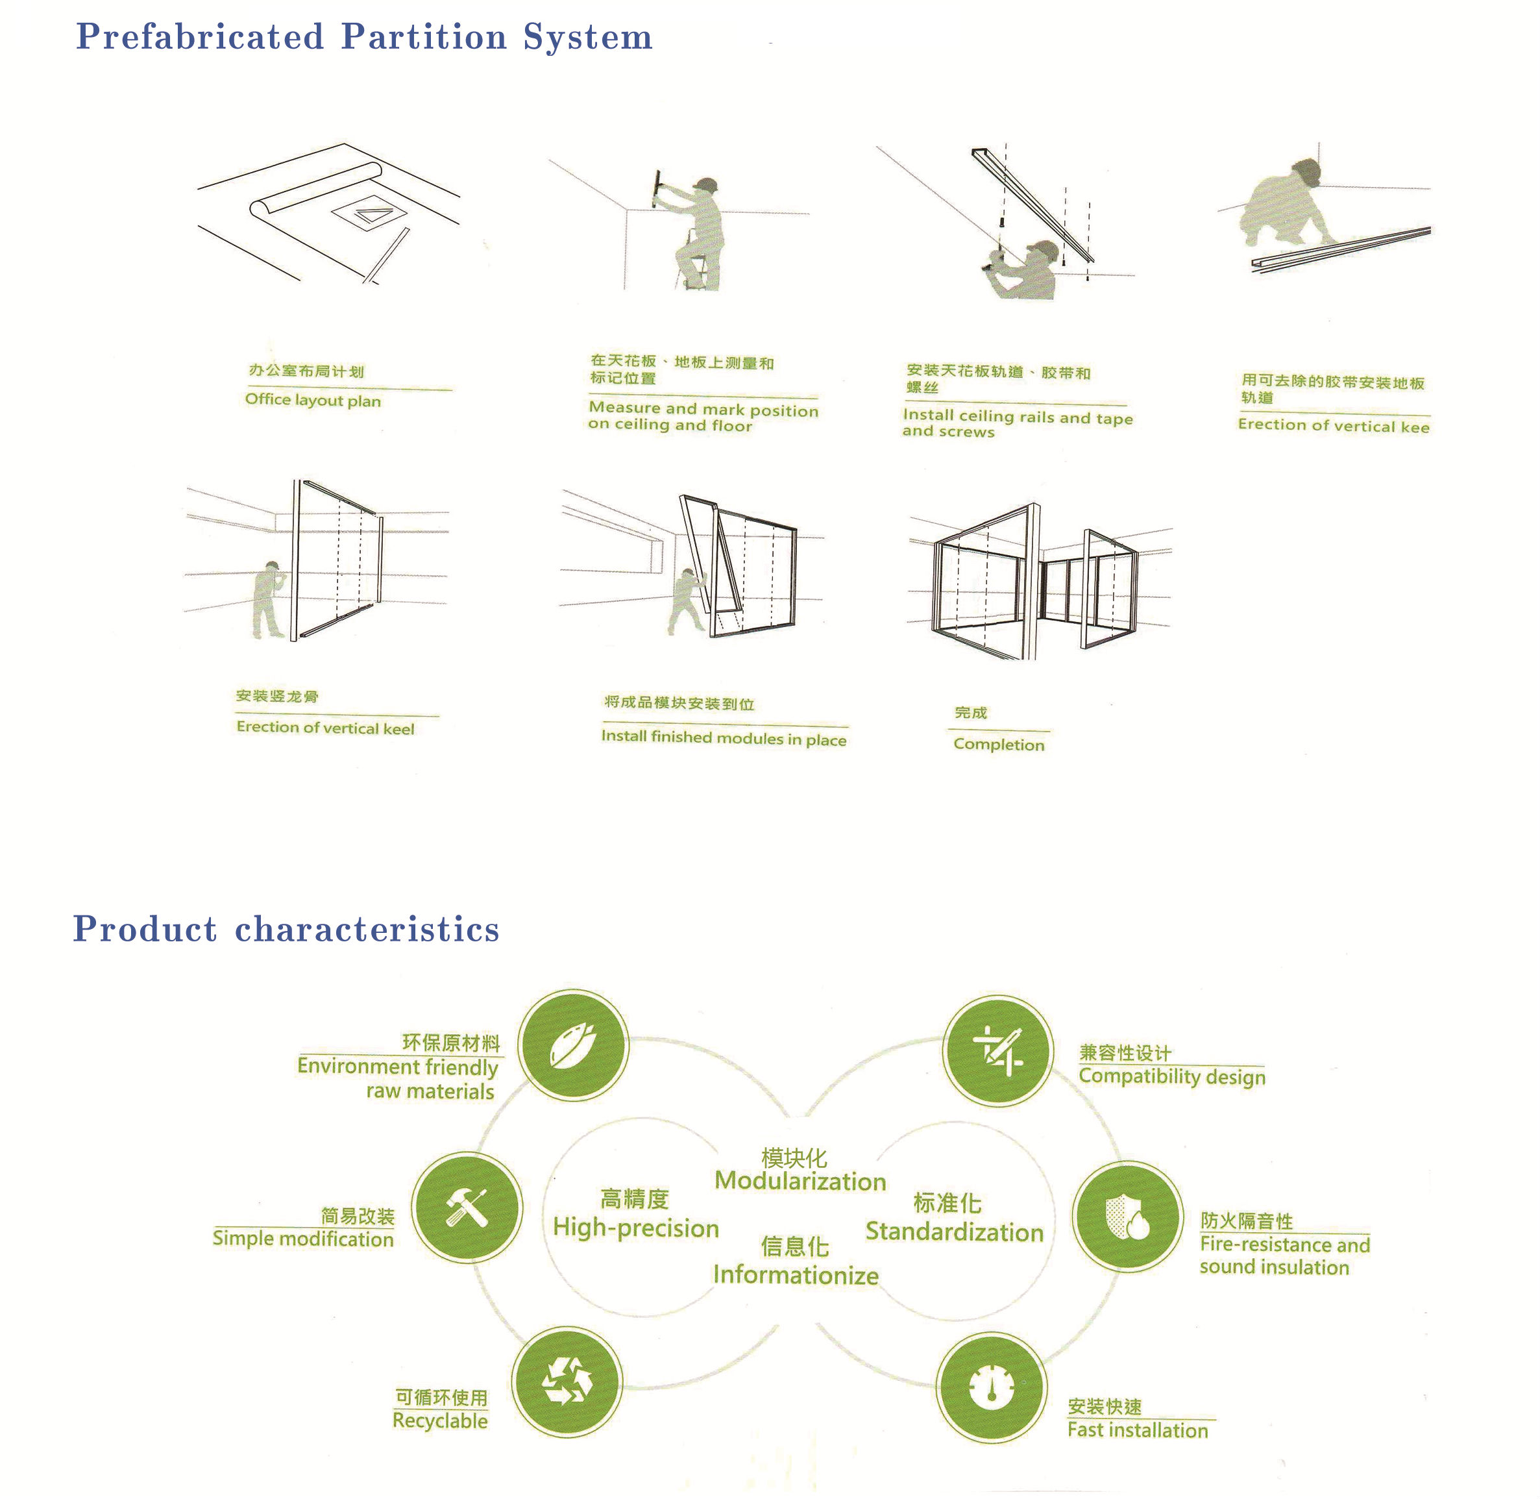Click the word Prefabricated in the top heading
click(200, 37)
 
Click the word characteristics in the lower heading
click(367, 930)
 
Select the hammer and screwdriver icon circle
click(467, 1209)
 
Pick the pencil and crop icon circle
click(998, 1051)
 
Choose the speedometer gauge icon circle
click(992, 1387)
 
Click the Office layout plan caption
click(313, 400)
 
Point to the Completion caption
click(999, 744)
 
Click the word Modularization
click(800, 1181)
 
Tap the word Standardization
click(955, 1232)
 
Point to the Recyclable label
click(441, 1420)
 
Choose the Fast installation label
click(1138, 1430)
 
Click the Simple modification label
click(303, 1239)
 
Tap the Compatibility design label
click(1173, 1076)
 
